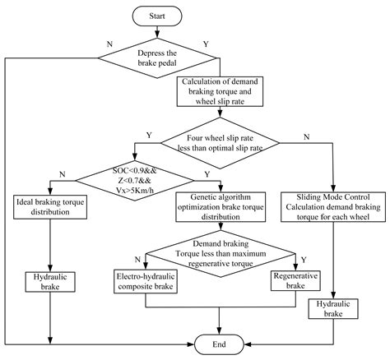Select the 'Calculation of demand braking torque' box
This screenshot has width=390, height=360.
click(222, 94)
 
